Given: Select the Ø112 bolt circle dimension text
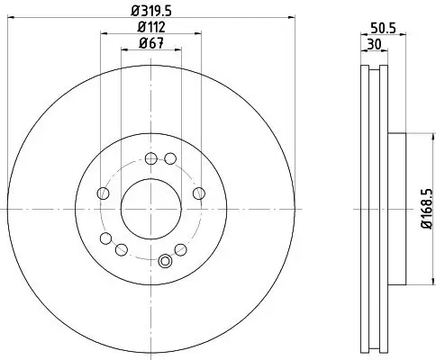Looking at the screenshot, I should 150,27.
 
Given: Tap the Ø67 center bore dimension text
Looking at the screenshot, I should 150,44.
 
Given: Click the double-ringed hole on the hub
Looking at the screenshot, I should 164,261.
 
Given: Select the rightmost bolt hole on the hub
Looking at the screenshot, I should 198,193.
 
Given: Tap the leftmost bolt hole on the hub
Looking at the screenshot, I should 103,193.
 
